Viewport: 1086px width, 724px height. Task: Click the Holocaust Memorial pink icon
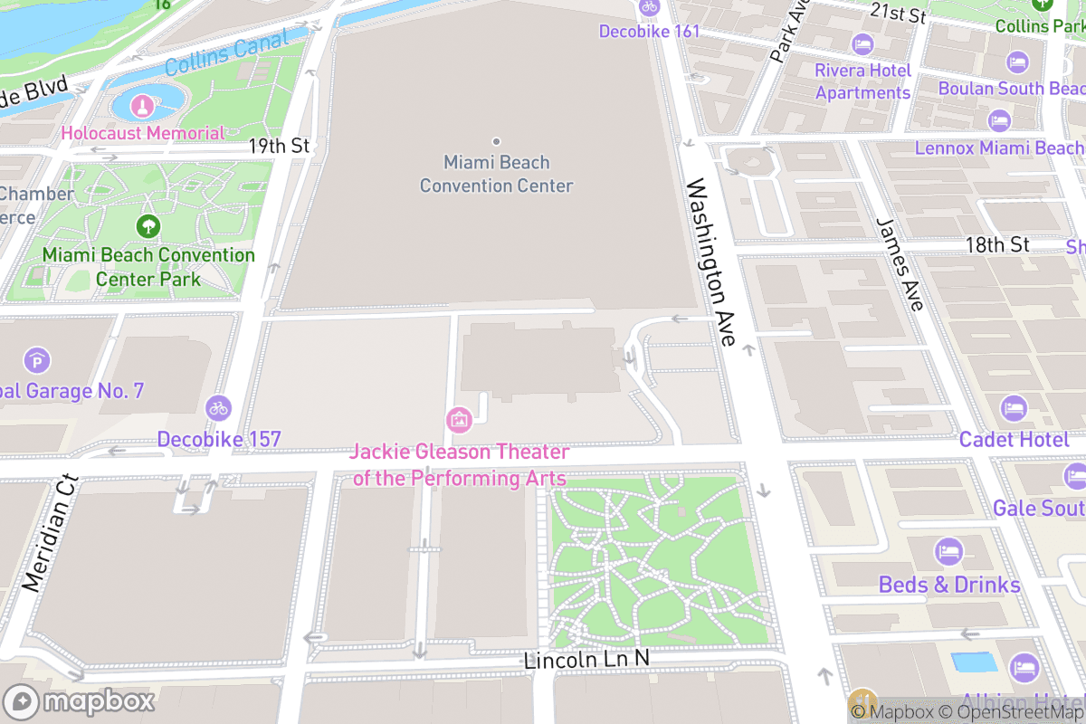[142, 107]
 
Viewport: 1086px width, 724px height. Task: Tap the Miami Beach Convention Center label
[496, 174]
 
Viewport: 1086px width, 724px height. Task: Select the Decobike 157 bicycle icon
[218, 408]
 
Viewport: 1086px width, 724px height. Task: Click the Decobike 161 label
[649, 32]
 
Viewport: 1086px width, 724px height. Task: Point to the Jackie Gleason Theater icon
[459, 419]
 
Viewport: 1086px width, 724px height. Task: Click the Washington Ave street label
[711, 262]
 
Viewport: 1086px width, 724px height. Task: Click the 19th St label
[280, 146]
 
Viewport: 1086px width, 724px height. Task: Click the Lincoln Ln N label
[586, 660]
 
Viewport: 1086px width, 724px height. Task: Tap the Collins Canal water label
[227, 52]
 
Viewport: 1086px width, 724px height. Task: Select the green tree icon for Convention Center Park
[148, 226]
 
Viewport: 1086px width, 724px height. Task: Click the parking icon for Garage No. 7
[37, 361]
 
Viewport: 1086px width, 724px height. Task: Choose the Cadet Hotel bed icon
[1014, 409]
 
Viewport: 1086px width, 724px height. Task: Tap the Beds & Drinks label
[949, 585]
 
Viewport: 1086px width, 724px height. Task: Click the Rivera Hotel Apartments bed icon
[862, 43]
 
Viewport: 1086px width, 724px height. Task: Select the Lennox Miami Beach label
[999, 148]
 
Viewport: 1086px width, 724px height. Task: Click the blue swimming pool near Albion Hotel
[974, 662]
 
